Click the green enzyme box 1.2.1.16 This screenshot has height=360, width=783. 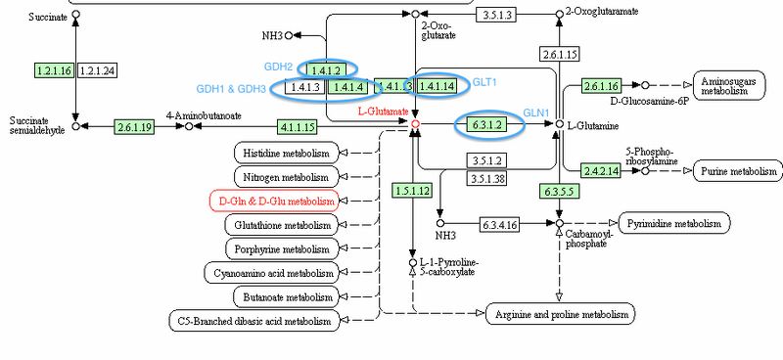coord(53,70)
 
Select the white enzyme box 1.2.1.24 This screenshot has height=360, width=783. coord(96,70)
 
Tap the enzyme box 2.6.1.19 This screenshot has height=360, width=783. coord(135,126)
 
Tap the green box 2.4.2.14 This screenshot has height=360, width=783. coord(602,170)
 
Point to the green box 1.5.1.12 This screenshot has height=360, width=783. coord(412,190)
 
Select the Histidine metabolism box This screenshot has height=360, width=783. coord(287,153)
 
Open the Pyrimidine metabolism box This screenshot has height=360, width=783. coord(675,223)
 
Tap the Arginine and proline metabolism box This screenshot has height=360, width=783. coord(561,315)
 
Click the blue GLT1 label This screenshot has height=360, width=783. coord(484,84)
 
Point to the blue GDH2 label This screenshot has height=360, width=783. coord(279,67)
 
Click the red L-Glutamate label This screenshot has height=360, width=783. coord(383,112)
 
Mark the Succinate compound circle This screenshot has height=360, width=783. coord(76,16)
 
